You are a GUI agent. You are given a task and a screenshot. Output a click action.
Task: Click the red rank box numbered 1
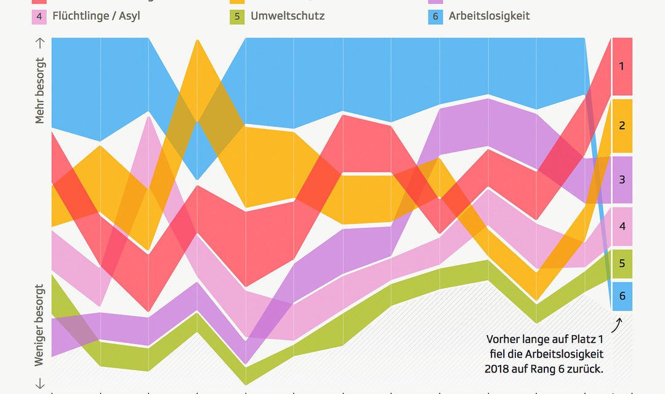pos(622,66)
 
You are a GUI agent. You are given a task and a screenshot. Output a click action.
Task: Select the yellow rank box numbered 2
pos(622,126)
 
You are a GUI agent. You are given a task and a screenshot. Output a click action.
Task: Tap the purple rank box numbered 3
pos(622,180)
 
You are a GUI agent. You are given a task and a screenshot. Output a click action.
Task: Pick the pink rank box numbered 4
pos(622,227)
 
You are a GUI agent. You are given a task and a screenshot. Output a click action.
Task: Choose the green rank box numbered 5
pos(622,263)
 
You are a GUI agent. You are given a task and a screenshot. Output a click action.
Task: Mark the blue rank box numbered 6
pos(622,296)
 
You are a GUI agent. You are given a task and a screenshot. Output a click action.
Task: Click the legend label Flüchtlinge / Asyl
pos(97,15)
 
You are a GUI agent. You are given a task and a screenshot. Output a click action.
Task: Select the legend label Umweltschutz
pos(287,15)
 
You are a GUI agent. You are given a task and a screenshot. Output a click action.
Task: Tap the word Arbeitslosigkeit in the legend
pos(489,15)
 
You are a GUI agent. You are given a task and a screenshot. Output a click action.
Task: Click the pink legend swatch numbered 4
pos(39,16)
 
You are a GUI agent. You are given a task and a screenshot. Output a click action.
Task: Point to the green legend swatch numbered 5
pos(236,16)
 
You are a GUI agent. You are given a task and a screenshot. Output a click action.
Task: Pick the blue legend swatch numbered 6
pos(435,16)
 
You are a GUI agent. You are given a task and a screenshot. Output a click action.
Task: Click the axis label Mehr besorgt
pos(40,91)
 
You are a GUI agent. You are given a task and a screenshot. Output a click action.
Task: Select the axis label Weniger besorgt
pos(40,325)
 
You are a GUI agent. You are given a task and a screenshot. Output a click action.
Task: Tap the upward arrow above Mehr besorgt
pos(40,43)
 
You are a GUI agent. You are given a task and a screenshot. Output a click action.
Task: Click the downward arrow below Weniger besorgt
pos(40,384)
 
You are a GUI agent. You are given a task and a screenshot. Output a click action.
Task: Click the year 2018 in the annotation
pos(497,369)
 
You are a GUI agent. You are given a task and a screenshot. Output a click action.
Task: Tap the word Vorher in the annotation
pos(503,339)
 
